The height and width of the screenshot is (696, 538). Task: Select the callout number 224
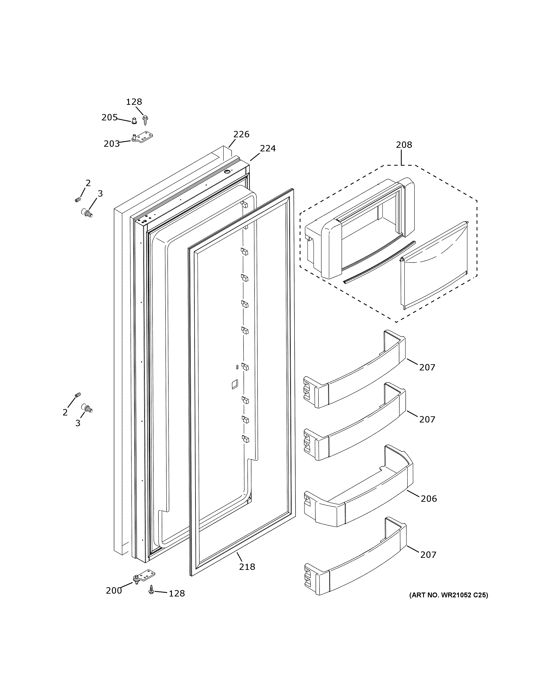267,149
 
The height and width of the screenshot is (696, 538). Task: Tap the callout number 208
404,145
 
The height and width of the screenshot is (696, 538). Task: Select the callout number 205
109,118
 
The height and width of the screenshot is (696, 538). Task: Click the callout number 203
112,144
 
